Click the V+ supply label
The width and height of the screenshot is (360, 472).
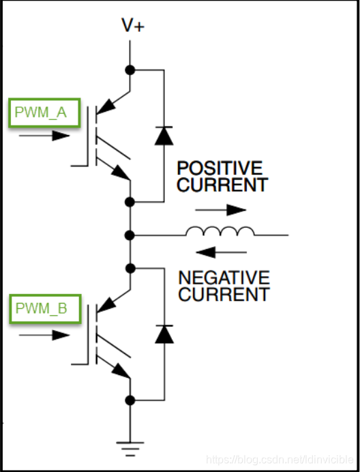pos(133,25)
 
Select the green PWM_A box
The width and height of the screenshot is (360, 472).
pos(44,113)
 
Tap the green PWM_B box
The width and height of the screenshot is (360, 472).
pos(45,309)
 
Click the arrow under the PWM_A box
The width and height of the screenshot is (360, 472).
pos(44,136)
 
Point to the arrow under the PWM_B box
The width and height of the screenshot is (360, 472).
pos(44,335)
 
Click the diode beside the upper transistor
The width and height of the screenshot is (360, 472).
pos(164,136)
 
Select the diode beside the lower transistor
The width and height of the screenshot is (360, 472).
pos(164,334)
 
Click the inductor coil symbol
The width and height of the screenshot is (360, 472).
pos(220,231)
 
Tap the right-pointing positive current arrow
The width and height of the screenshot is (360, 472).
pos(221,210)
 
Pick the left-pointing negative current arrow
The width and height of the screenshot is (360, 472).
pos(221,252)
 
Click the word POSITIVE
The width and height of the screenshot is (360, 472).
pos(220,168)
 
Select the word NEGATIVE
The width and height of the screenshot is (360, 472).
pos(224,278)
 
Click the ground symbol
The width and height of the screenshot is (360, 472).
pos(130,449)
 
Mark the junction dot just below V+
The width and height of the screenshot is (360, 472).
pos(130,70)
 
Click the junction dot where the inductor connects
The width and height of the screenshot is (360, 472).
pos(130,235)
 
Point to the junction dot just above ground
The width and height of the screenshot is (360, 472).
pos(130,400)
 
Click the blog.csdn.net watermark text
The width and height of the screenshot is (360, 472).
pos(280,460)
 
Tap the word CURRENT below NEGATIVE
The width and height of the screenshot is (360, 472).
pos(224,294)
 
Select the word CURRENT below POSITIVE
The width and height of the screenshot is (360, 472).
pos(222,185)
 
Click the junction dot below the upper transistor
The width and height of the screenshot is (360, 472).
pos(130,202)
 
